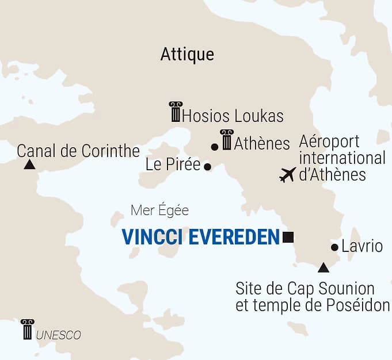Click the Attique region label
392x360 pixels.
(x=187, y=54)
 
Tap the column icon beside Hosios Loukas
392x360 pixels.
(x=175, y=112)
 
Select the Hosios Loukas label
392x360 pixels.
(x=233, y=116)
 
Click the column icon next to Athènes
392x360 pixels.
(x=227, y=140)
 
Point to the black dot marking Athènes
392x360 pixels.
(x=215, y=147)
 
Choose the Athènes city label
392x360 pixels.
(x=262, y=143)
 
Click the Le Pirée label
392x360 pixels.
(x=173, y=165)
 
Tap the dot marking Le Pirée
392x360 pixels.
(x=208, y=167)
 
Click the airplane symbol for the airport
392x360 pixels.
(x=287, y=174)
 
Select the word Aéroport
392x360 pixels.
(x=329, y=141)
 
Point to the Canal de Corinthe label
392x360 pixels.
(x=78, y=151)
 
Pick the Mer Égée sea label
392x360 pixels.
(x=159, y=210)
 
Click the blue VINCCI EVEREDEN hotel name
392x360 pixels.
(x=200, y=236)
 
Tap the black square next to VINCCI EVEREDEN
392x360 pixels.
(x=288, y=236)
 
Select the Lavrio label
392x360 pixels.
(x=362, y=247)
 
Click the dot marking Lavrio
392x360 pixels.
(x=335, y=247)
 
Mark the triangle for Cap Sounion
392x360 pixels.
(x=324, y=267)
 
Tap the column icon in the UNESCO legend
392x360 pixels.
(x=27, y=329)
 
